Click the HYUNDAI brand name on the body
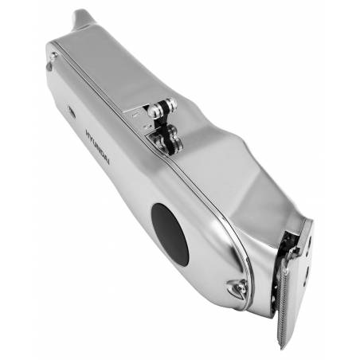[98, 147]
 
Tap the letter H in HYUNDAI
[88, 132]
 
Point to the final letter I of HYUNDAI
[108, 162]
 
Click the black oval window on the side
[170, 235]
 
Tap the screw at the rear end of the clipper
[54, 56]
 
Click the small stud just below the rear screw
[49, 66]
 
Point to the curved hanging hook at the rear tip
[81, 18]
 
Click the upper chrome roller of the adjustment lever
[162, 107]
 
